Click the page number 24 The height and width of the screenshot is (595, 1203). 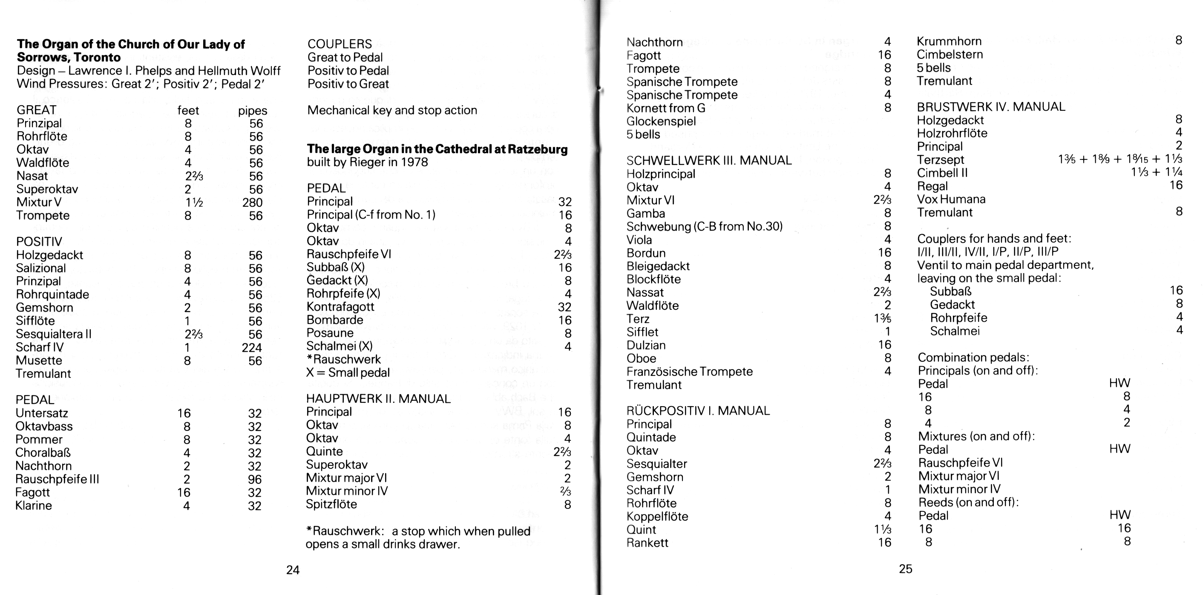coord(293,570)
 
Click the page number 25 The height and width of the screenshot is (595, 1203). coord(905,569)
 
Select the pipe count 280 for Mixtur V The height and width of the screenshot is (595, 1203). coord(253,202)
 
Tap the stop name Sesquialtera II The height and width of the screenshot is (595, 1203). coord(54,334)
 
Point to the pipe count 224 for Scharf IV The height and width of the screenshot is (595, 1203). coord(252,348)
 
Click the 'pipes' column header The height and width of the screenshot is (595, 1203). coord(253,111)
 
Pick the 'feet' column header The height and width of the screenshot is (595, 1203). coord(188,111)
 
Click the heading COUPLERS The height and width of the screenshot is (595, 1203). coord(340,44)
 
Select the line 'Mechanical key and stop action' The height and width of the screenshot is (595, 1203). coord(392,110)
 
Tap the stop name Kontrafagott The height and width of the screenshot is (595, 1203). coord(340,306)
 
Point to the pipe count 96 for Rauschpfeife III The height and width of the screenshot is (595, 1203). coord(255,479)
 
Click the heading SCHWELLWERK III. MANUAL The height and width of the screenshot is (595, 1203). coord(709,161)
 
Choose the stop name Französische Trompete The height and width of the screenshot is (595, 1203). coord(689,372)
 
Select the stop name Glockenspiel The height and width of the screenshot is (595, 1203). coord(661,121)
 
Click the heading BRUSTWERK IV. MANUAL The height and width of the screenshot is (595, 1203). coord(991,107)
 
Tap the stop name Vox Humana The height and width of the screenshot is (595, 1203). coord(951,199)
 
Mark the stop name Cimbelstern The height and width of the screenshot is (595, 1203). coord(950,55)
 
